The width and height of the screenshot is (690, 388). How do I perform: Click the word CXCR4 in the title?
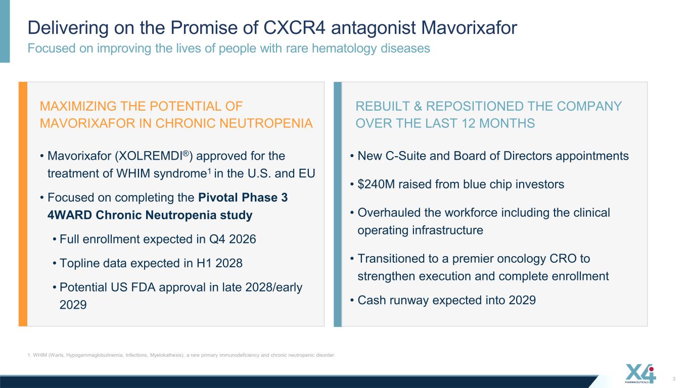click(x=294, y=28)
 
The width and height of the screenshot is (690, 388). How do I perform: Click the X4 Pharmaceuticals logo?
click(x=640, y=374)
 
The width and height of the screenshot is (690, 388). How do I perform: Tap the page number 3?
click(x=674, y=379)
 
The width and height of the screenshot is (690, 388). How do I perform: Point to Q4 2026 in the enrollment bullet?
click(x=233, y=239)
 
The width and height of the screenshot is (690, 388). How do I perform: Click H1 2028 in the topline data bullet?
click(x=219, y=263)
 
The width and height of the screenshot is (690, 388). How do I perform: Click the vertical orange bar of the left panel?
click(x=23, y=204)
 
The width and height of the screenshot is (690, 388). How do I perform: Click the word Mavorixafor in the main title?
click(x=469, y=28)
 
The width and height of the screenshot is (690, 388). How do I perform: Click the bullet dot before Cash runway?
click(x=352, y=300)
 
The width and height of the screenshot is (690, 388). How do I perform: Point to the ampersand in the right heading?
click(x=418, y=106)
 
